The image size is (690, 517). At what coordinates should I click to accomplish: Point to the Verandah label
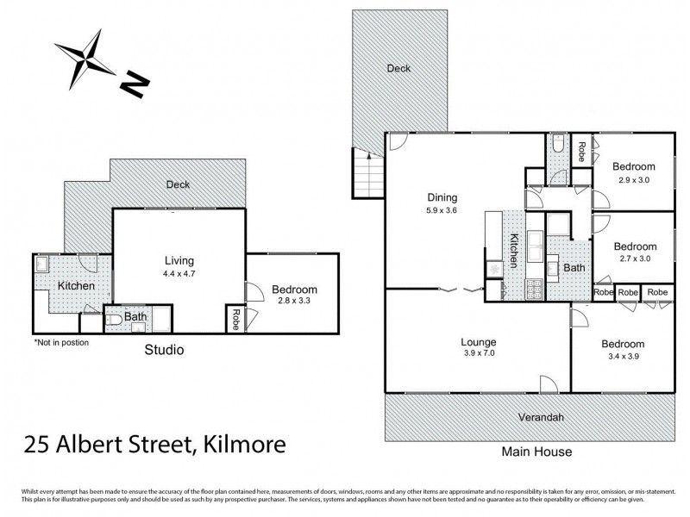(540, 417)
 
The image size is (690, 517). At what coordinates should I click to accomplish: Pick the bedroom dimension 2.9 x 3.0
(634, 179)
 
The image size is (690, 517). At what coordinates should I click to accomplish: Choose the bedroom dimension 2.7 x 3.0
(634, 233)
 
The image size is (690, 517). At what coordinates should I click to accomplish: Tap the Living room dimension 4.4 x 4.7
(179, 273)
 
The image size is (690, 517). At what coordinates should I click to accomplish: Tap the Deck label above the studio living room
(178, 184)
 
